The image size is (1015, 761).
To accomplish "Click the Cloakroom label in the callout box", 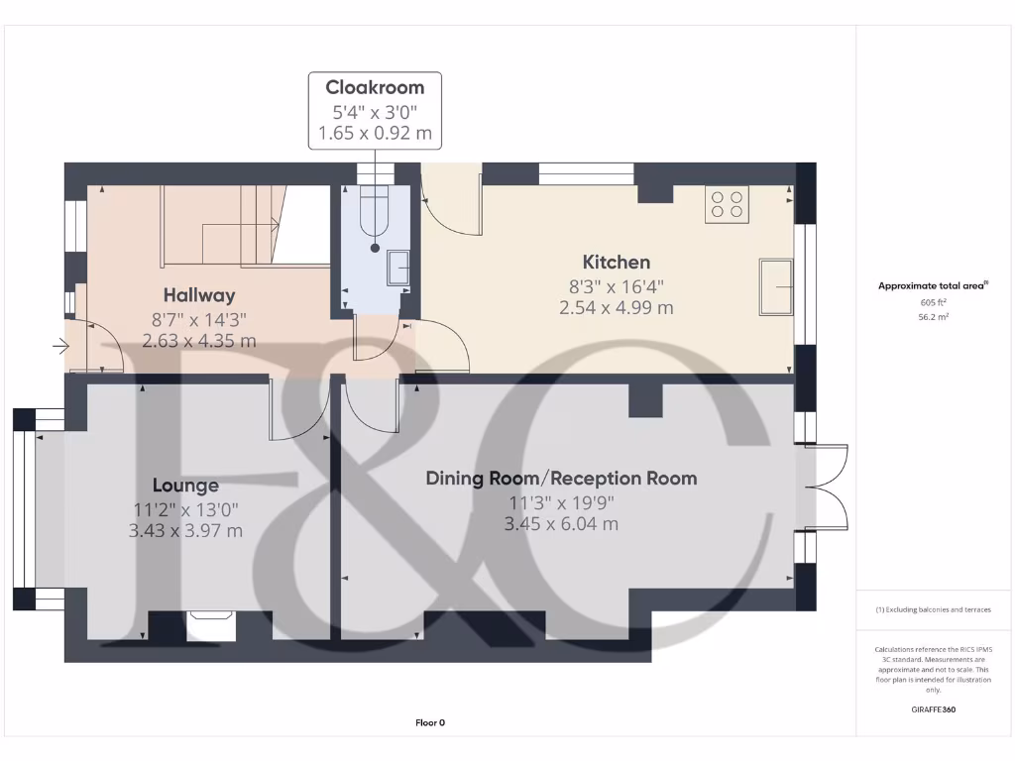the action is click(x=375, y=87).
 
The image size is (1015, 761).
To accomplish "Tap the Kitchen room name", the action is click(x=617, y=262).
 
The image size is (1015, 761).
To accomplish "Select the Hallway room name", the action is click(x=198, y=295).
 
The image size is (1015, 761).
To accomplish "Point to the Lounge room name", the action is click(x=185, y=486).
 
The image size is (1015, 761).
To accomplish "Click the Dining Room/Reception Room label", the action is click(x=561, y=479).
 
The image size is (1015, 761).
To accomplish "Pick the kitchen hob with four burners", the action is click(x=727, y=204).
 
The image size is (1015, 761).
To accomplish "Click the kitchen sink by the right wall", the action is click(x=776, y=286).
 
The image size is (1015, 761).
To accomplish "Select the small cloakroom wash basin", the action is click(x=398, y=268).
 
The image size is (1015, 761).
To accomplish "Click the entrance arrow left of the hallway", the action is click(x=60, y=346).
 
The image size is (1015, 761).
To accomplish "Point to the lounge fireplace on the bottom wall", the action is click(x=211, y=626).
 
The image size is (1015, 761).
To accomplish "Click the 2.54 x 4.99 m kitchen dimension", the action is click(x=617, y=307).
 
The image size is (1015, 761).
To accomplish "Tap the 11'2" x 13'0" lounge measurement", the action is click(x=185, y=510).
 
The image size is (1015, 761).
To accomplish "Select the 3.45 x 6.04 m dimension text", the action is click(x=561, y=523).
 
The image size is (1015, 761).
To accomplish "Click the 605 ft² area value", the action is click(x=933, y=302).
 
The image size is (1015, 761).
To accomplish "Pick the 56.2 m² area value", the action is click(x=933, y=317).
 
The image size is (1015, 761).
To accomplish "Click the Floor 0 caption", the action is click(x=430, y=722).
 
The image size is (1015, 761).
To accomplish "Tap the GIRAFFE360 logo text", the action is click(x=934, y=709).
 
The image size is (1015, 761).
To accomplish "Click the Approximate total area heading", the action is click(x=933, y=285).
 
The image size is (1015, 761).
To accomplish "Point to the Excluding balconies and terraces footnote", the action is click(x=933, y=609).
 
